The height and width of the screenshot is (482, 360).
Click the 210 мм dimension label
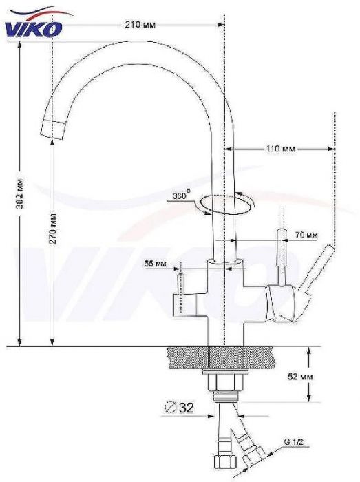[140, 25]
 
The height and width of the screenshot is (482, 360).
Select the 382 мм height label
[20, 193]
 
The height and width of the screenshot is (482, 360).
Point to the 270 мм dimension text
[53, 228]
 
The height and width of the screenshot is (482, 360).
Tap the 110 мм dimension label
[280, 149]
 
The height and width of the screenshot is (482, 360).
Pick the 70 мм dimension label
[306, 235]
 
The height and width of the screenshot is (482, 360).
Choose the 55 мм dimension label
[155, 264]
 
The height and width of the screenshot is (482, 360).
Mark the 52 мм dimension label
[300, 376]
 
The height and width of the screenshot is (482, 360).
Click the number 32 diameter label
[186, 408]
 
